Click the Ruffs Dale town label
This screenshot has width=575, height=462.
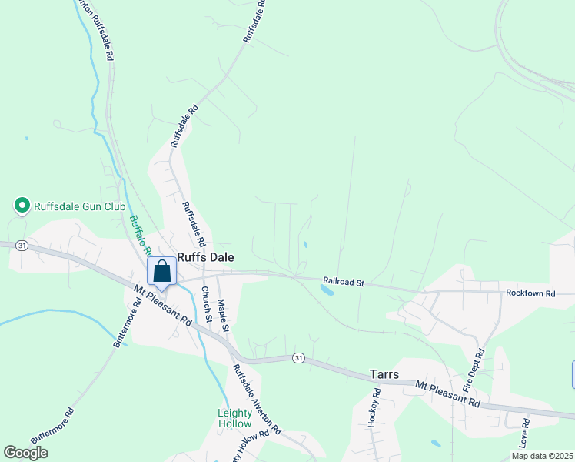click(205, 258)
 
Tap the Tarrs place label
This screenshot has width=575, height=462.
click(384, 374)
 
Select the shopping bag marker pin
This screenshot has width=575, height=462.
click(162, 273)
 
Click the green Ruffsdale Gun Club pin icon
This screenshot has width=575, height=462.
click(22, 206)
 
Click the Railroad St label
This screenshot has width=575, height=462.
click(343, 283)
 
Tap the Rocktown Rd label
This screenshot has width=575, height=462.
click(530, 294)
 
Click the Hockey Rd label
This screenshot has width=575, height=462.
click(374, 408)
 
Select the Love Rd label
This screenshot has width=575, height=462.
click(525, 434)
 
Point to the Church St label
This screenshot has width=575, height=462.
click(206, 303)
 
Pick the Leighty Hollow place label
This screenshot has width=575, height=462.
click(234, 419)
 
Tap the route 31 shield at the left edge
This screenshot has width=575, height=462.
click(22, 246)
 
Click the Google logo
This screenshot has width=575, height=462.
click(26, 453)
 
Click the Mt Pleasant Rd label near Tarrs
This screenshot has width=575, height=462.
click(447, 393)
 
